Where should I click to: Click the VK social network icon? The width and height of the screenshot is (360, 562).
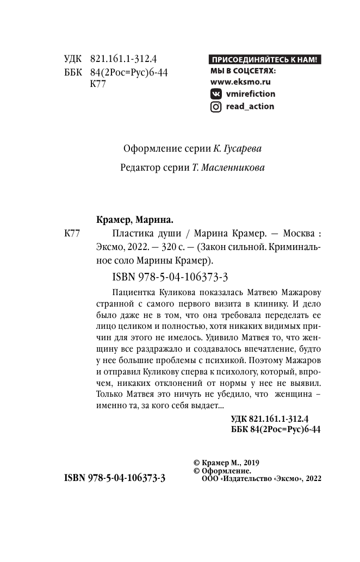[215, 93]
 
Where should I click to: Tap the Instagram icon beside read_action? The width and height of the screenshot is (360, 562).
[215, 107]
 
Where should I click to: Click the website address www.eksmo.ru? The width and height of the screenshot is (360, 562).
[240, 82]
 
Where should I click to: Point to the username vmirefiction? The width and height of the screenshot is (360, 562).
[250, 93]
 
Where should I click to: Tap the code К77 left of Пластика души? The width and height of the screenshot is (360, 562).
[72, 234]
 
